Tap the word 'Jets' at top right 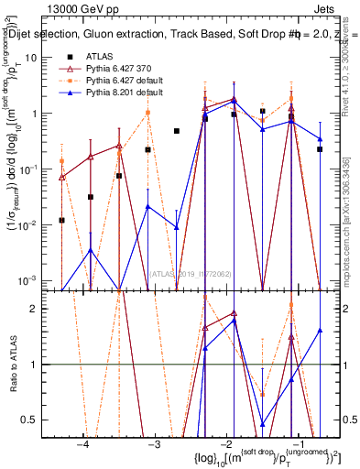(x=327, y=8)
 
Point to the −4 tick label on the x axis (x=83, y=443)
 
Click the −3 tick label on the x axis (x=155, y=443)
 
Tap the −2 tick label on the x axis (x=225, y=443)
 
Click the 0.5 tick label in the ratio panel (x=40, y=420)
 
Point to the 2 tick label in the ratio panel (x=45, y=309)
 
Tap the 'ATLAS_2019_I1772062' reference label (x=191, y=272)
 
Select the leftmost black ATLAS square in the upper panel (x=61, y=220)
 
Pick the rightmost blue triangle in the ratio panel (x=320, y=331)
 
